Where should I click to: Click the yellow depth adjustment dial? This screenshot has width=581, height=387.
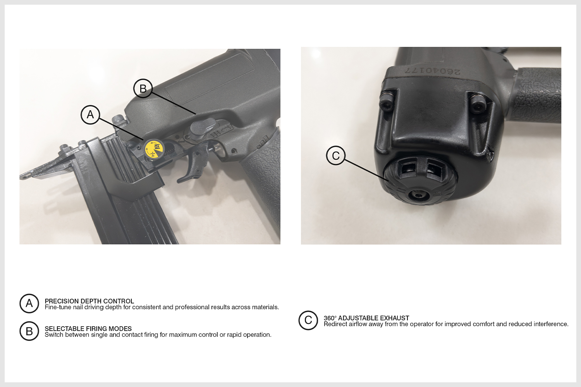pyautogui.click(x=154, y=149)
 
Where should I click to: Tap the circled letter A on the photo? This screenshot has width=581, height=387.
pyautogui.click(x=90, y=115)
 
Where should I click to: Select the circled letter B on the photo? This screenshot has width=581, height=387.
pyautogui.click(x=143, y=88)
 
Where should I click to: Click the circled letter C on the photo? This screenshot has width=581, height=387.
pyautogui.click(x=336, y=156)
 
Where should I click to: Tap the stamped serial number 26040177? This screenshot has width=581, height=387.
pyautogui.click(x=433, y=71)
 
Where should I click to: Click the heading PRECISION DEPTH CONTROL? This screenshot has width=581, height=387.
pyautogui.click(x=89, y=301)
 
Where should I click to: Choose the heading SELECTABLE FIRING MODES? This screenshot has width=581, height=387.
pyautogui.click(x=88, y=329)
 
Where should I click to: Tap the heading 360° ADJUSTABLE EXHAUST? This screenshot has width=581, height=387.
pyautogui.click(x=366, y=318)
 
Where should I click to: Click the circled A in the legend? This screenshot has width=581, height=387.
pyautogui.click(x=29, y=303)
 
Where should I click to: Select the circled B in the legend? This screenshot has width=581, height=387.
pyautogui.click(x=29, y=331)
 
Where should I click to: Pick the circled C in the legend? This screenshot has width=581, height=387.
pyautogui.click(x=308, y=320)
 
